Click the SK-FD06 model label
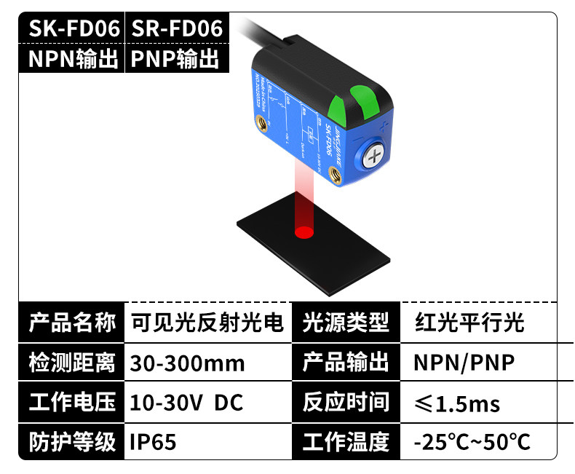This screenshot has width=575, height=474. tap(73, 28)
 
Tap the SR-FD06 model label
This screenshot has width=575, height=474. tap(175, 28)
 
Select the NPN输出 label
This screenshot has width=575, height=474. tap(73, 59)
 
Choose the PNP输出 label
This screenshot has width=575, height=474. tap(175, 59)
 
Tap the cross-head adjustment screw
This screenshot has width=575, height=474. tap(374, 157)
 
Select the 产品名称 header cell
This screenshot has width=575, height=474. tap(72, 322)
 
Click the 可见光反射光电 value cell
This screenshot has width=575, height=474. tap(207, 322)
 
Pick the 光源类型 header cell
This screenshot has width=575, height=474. tap(346, 322)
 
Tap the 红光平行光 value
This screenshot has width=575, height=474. tap(469, 322)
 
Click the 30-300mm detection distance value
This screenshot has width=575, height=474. tap(187, 363)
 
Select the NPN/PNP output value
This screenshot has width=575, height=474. tap(464, 362)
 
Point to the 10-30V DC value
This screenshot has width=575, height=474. tap(186, 402)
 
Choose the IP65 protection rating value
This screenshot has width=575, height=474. tap(153, 441)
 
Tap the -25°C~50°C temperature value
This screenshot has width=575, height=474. tap(472, 441)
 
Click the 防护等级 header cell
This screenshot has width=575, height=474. tap(72, 441)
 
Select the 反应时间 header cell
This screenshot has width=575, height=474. tap(346, 402)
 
